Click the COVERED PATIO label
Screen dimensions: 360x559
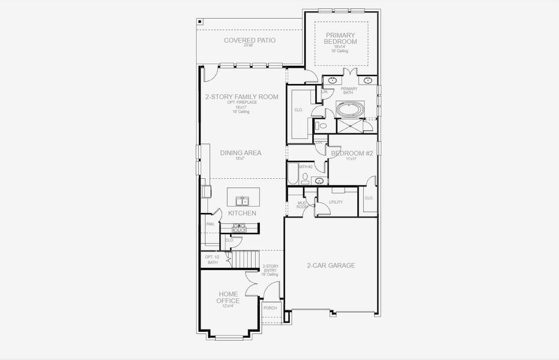(x=249, y=41)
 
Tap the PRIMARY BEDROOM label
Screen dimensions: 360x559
(x=340, y=38)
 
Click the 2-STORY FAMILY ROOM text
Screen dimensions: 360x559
(x=242, y=97)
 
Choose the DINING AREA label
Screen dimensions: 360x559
(x=241, y=153)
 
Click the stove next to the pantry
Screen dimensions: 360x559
(x=239, y=229)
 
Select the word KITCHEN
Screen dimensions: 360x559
(x=242, y=213)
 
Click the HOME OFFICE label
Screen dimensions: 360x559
(x=228, y=298)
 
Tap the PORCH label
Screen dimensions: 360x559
(x=270, y=308)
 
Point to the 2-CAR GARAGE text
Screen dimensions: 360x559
(x=331, y=265)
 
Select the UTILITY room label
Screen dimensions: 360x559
(x=336, y=202)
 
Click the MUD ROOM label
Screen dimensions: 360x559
(x=302, y=205)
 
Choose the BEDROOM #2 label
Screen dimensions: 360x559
(x=352, y=154)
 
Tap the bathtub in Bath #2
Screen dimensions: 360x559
(x=292, y=174)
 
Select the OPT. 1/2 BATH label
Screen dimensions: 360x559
(x=212, y=259)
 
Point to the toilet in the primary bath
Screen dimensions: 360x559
(x=322, y=126)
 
